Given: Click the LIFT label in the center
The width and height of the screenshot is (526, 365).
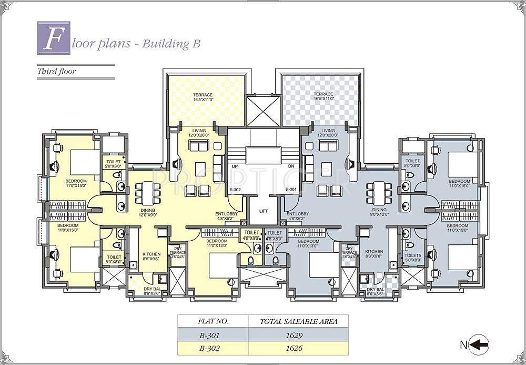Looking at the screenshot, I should pos(264,211).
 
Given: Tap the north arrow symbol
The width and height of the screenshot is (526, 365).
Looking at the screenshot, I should pos(480,345).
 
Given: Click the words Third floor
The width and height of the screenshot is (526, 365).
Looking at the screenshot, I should pos(56,71).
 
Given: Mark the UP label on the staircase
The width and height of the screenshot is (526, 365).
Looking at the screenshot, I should pos(235,166).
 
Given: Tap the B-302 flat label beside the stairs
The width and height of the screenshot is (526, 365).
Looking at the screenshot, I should pos(235,190).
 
